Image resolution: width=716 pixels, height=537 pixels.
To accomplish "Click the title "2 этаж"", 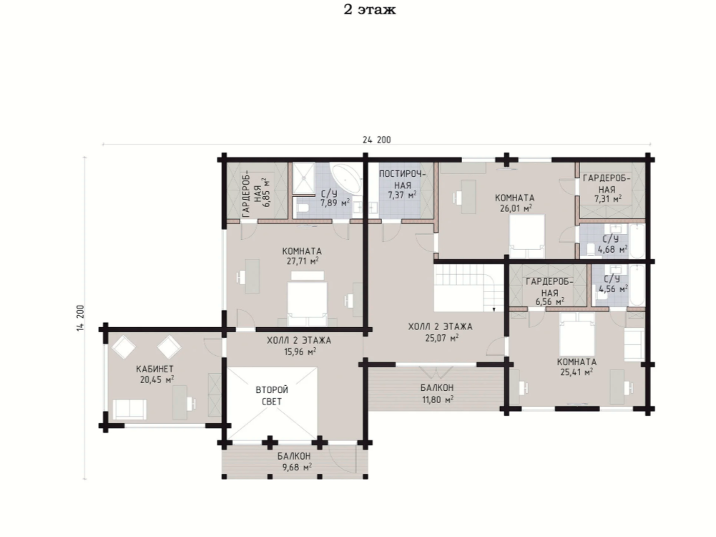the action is [x=370, y=9].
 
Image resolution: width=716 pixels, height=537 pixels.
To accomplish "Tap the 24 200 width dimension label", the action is [x=377, y=140].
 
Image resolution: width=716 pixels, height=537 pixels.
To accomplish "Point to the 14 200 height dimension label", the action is [x=81, y=318].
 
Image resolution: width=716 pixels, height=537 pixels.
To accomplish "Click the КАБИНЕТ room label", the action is [x=155, y=369].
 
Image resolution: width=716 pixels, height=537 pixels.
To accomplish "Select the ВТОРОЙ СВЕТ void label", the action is [x=272, y=396].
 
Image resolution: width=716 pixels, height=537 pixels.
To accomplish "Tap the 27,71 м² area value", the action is [x=301, y=261].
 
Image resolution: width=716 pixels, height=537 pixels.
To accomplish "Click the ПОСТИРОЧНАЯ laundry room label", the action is [x=402, y=180].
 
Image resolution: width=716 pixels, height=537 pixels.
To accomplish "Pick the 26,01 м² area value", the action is [x=514, y=208].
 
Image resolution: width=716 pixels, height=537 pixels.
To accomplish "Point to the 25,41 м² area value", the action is [x=577, y=372].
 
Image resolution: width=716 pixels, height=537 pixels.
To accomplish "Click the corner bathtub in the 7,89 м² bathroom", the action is [x=348, y=179].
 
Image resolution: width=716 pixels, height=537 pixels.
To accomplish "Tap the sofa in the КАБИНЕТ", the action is [x=129, y=409].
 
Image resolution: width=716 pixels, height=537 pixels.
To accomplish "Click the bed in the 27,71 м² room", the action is [x=308, y=299].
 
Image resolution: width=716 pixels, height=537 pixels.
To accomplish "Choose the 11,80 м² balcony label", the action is [x=437, y=394].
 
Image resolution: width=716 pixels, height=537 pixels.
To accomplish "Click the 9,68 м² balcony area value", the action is [x=297, y=467].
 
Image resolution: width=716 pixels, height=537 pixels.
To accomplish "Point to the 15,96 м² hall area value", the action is [x=300, y=352].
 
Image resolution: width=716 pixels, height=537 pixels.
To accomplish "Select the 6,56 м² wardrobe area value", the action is [x=550, y=301].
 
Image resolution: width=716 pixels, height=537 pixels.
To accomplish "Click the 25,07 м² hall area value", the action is [x=441, y=338].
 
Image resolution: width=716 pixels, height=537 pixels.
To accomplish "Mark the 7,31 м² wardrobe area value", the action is [x=607, y=199].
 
